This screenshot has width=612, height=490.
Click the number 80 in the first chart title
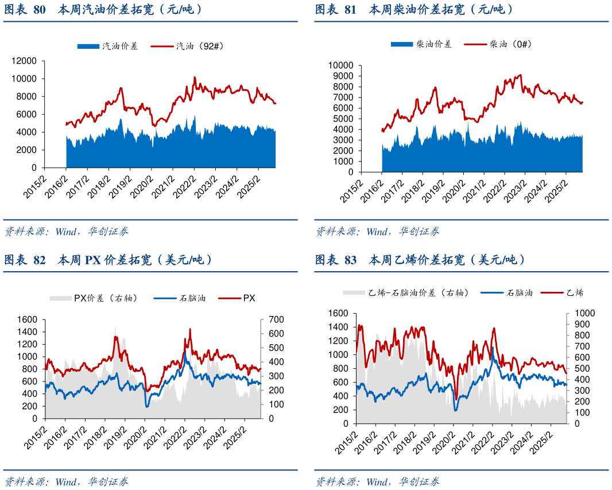click(x=40, y=10)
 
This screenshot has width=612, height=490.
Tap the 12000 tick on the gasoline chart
click(x=24, y=61)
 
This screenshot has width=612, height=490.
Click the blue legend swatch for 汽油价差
click(x=88, y=46)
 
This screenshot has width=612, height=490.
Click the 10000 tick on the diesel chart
click(x=341, y=65)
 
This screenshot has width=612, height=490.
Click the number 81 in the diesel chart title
click(x=350, y=10)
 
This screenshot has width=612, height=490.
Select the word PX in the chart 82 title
click(x=92, y=260)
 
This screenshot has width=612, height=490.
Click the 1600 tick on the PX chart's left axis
click(x=27, y=319)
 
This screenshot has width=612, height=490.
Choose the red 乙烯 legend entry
click(x=574, y=292)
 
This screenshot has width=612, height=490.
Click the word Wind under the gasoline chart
click(x=67, y=232)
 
